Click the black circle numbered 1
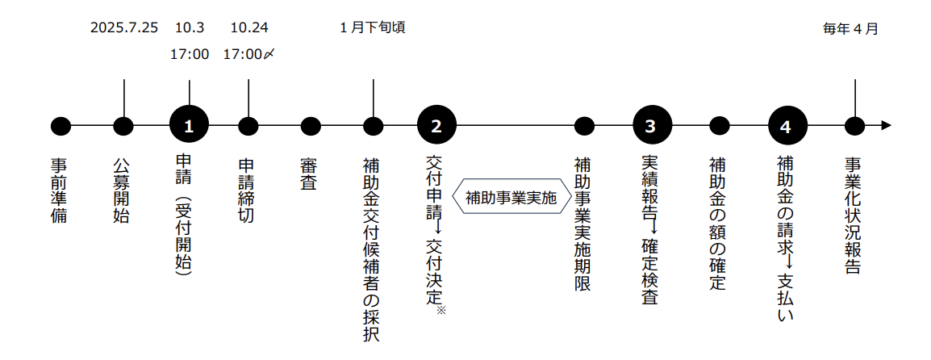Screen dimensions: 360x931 189,126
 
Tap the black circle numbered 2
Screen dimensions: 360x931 436,126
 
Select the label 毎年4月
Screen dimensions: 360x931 850,29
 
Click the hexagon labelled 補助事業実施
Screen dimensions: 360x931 511,197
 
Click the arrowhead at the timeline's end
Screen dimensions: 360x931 886,126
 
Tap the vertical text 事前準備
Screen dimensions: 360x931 60,190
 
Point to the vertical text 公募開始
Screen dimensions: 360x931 123,190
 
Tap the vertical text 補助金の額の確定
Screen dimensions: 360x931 718,223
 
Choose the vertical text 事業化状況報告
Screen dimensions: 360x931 854,215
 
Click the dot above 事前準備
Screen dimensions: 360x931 61,126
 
